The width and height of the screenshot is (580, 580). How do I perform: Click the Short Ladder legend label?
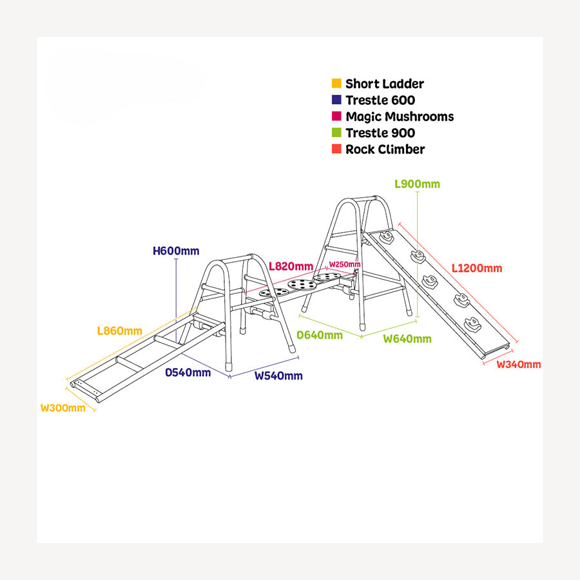384,84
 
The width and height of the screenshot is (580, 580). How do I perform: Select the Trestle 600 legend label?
380,100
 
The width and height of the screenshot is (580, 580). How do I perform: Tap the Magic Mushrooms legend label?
400,117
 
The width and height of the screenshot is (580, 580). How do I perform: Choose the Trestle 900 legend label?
380,133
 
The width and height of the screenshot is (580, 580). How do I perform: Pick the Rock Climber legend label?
385,150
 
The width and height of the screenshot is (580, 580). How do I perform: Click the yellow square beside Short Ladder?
336,84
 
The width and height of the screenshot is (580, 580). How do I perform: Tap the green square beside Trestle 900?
336,133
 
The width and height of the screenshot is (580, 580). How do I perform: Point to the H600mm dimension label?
176,251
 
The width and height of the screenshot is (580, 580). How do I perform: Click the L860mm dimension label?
119,331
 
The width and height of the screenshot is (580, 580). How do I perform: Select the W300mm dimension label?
63,408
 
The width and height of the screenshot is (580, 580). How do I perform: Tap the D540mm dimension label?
188,372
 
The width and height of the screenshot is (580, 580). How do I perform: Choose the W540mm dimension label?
278,376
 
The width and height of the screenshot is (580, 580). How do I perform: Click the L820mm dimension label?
291,266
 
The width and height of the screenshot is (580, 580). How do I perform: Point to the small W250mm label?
345,265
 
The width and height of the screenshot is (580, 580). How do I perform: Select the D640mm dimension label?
320,335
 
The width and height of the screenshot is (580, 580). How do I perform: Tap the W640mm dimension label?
407,339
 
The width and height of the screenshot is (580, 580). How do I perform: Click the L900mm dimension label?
417,184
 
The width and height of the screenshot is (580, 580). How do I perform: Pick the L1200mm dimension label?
476,268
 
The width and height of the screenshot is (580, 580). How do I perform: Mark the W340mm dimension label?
519,365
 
